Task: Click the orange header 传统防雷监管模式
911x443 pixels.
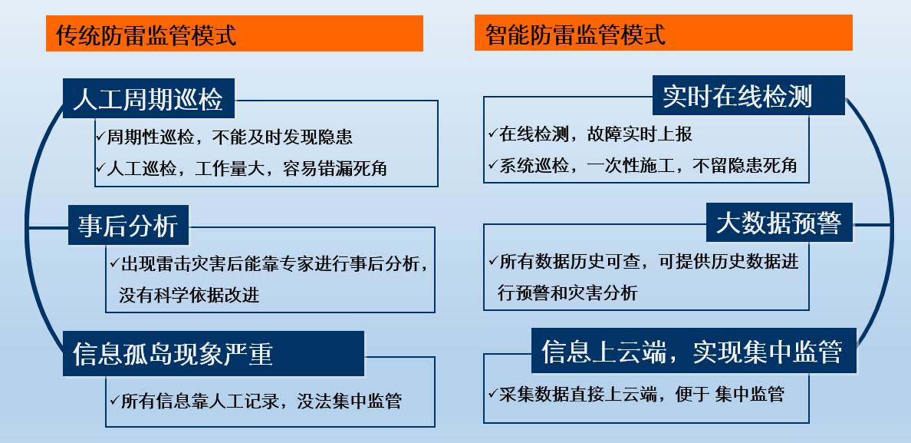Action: pyautogui.click(x=234, y=35)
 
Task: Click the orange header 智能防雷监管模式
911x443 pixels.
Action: pyautogui.click(x=663, y=35)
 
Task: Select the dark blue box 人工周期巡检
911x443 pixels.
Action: pyautogui.click(x=148, y=99)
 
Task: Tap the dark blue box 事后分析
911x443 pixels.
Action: pyautogui.click(x=128, y=225)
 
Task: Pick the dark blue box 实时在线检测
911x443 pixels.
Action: pyautogui.click(x=748, y=96)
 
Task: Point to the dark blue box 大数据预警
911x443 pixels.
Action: pyautogui.click(x=778, y=223)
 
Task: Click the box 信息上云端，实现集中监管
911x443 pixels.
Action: pyautogui.click(x=693, y=351)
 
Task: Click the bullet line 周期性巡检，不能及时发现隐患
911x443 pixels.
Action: pyautogui.click(x=229, y=137)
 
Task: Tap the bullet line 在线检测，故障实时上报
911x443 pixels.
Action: pyautogui.click(x=595, y=134)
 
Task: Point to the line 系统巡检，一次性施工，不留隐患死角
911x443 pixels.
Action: pyautogui.click(x=648, y=165)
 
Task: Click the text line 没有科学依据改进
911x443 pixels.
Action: pyautogui.click(x=189, y=294)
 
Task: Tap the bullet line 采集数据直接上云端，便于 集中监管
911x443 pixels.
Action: pyautogui.click(x=641, y=395)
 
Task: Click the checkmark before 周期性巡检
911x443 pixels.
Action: pyautogui.click(x=100, y=137)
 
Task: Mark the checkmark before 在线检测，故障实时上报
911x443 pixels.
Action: pyautogui.click(x=492, y=133)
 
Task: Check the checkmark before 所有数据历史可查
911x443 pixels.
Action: pyautogui.click(x=492, y=261)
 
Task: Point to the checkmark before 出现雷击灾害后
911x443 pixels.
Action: pyautogui.click(x=113, y=263)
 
